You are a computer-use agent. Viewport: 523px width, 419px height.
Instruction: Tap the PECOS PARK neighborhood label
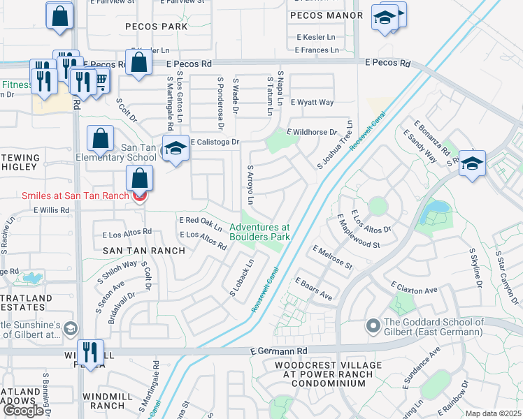[157, 27]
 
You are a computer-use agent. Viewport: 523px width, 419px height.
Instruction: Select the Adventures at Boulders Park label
[259, 232]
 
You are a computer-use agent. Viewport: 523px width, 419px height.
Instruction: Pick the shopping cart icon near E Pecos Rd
[101, 81]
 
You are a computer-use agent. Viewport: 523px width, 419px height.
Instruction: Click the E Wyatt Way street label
[313, 103]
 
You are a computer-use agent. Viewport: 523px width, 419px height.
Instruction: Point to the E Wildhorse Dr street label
[313, 132]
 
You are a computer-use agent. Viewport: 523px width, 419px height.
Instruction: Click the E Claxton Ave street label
[415, 288]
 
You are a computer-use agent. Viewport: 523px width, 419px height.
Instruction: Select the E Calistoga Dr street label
[215, 142]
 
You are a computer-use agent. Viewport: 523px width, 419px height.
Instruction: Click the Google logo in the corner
[23, 411]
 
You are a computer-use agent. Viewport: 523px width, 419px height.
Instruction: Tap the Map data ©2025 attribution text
[492, 413]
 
